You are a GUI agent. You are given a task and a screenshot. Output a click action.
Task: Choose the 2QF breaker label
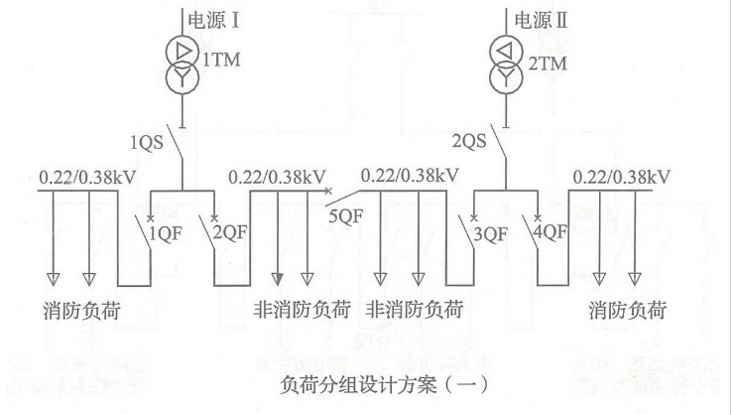tap(230, 233)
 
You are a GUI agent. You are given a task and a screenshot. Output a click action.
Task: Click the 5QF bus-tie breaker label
tap(346, 211)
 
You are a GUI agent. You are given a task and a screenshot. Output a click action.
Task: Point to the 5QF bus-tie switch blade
tap(343, 190)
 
